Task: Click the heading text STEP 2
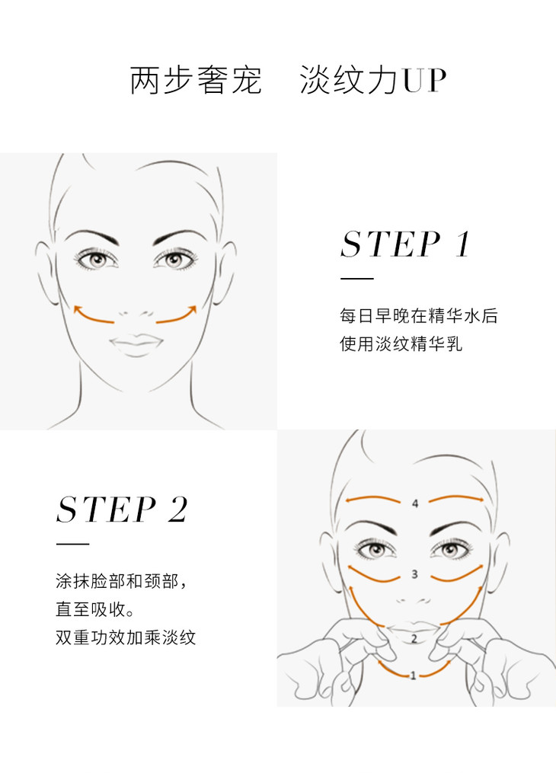point(122,509)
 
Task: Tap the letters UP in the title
point(424,80)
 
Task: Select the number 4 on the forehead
point(415,503)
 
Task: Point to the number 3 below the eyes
point(414,574)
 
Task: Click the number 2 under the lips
point(414,639)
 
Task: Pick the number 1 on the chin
point(413,676)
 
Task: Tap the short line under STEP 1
point(357,279)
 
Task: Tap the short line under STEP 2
point(72,545)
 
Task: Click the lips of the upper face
point(136,344)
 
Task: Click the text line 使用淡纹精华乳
point(401,343)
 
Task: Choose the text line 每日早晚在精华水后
point(418,315)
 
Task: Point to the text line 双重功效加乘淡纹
point(126,637)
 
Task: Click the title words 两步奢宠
point(196,80)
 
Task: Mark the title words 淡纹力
point(349,80)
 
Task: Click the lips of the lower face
point(413,628)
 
